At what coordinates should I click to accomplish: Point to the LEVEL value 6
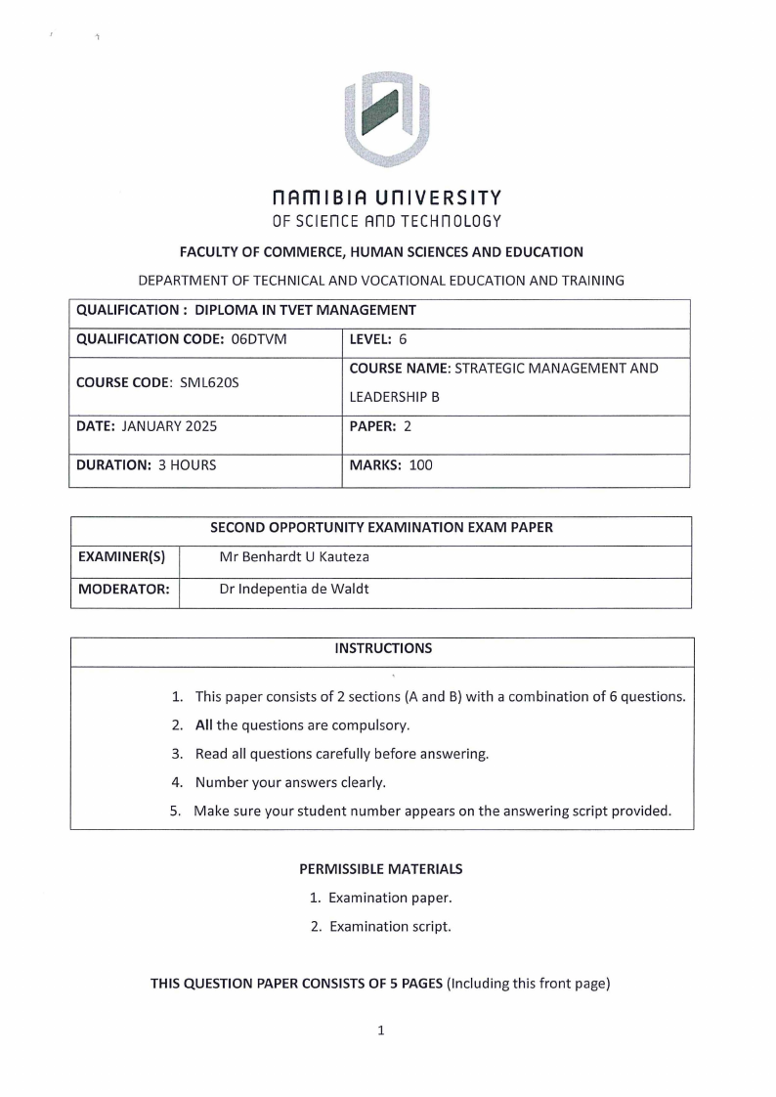pos(403,339)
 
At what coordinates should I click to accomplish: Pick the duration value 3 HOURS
pos(187,465)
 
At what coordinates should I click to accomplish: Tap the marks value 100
pos(420,465)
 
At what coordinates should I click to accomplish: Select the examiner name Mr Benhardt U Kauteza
pos(294,557)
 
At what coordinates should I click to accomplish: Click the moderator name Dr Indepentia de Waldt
pos(294,589)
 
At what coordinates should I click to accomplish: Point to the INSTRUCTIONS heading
pos(383,648)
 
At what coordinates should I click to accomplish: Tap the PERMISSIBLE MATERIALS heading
pos(381,868)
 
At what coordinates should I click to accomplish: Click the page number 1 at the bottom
pos(381,1030)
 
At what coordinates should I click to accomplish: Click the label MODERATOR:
pos(123,589)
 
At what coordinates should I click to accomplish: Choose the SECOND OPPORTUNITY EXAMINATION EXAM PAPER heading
pos(381,527)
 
